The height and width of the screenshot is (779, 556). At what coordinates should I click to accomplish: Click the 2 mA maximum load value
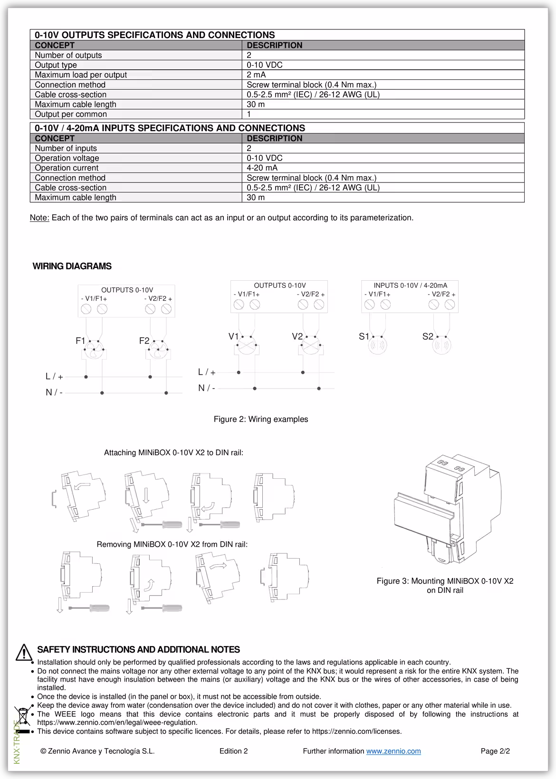tap(256, 75)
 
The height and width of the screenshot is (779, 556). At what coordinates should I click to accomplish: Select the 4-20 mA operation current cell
tap(262, 168)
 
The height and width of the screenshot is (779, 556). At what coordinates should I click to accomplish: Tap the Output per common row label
tap(71, 114)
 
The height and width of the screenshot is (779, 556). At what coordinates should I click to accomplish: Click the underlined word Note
tap(39, 218)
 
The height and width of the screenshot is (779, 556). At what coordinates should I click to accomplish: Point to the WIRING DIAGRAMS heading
tap(72, 266)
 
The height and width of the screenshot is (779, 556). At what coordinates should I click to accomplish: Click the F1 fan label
tap(80, 341)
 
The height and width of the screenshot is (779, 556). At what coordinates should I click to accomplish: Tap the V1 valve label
tap(233, 336)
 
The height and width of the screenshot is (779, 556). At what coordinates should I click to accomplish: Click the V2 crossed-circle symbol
tap(310, 347)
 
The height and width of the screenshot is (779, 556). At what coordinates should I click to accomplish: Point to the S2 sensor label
tap(428, 336)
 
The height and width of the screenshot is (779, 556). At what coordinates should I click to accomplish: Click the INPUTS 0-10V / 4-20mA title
tap(410, 285)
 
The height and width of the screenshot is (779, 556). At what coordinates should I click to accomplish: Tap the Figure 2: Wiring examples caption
tap(261, 419)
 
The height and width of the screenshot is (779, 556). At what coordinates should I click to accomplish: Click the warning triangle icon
tap(23, 653)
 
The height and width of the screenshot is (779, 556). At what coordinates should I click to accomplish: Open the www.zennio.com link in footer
tap(393, 751)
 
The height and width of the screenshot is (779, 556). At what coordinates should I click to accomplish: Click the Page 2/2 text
tap(495, 751)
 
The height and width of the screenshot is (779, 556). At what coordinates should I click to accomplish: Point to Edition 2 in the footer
tap(233, 751)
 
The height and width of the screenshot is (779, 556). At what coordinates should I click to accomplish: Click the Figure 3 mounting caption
tap(445, 585)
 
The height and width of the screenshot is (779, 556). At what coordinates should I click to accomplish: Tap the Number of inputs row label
tap(66, 148)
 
